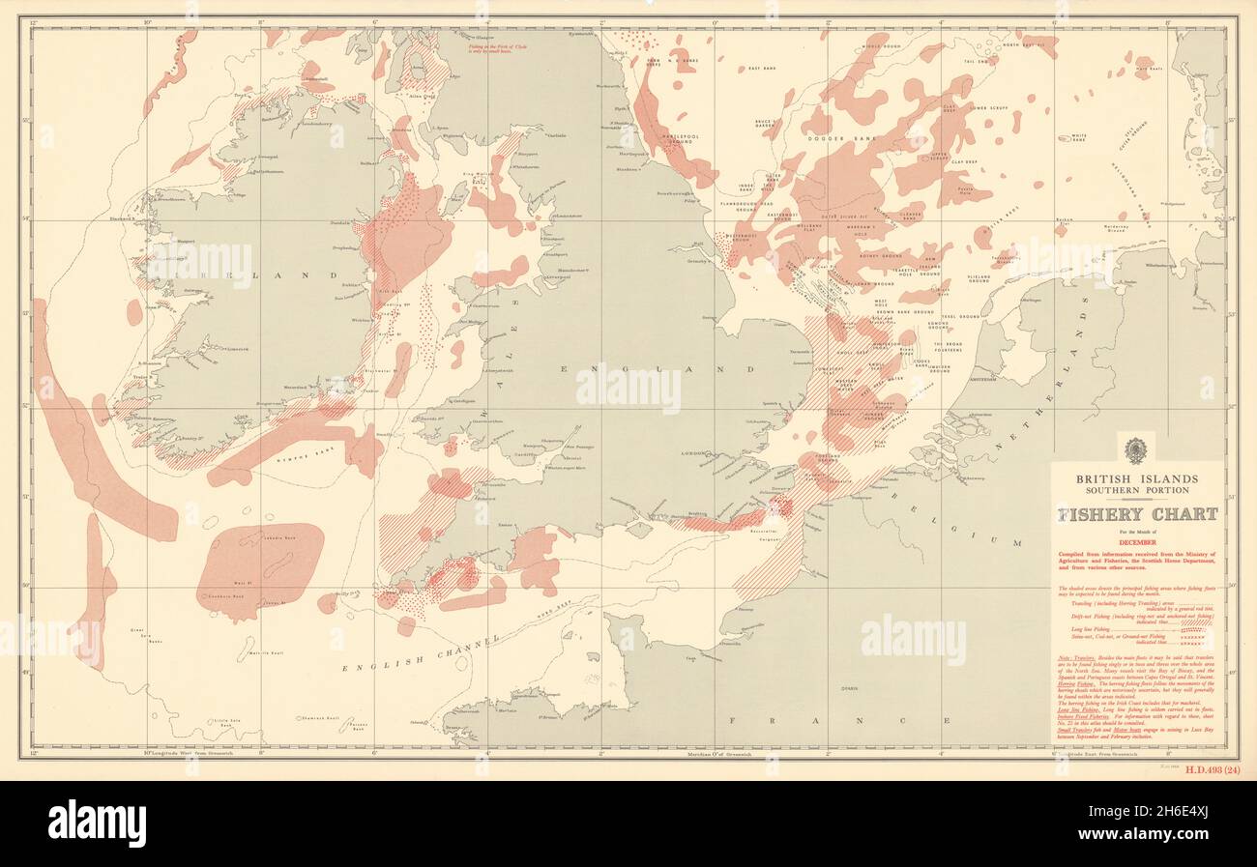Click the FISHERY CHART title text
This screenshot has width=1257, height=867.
[1136, 514]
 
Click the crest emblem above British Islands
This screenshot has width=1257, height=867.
[1136, 448]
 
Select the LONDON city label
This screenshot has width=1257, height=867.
[693, 453]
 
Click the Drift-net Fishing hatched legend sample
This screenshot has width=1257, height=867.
[1197, 622]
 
